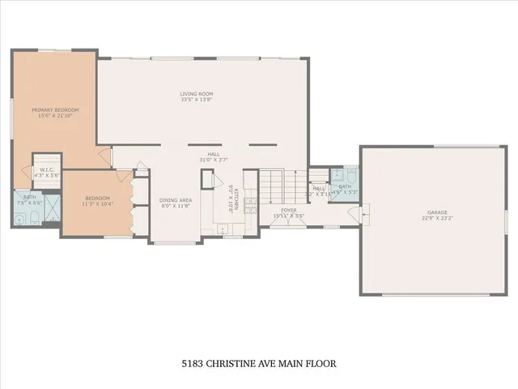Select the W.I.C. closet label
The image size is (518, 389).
[x=46, y=169]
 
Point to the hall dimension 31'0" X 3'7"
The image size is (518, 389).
[x=214, y=159]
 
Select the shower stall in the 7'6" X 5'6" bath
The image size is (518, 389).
[x=51, y=210]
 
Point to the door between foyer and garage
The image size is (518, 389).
[x=354, y=214]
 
